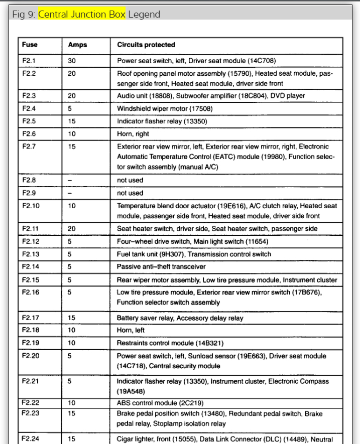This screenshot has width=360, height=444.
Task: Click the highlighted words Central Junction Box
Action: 82,14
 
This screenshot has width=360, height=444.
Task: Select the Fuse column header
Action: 30,45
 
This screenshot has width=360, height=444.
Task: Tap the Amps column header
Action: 77,45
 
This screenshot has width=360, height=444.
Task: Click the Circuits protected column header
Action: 146,45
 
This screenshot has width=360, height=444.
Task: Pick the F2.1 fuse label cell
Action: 30,61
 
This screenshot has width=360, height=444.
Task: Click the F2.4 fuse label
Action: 30,108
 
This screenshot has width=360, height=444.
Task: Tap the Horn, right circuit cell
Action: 133,134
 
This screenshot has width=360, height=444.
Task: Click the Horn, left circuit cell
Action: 131,331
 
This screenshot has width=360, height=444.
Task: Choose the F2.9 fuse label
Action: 30,193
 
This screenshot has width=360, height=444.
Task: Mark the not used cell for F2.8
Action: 130,180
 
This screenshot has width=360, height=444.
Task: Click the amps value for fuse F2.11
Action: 72,228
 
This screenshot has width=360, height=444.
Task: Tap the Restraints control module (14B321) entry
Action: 170,343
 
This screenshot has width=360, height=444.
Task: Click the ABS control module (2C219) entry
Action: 161,403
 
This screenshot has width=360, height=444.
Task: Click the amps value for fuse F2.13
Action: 70,254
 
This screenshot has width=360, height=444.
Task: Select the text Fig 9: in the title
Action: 23,14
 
